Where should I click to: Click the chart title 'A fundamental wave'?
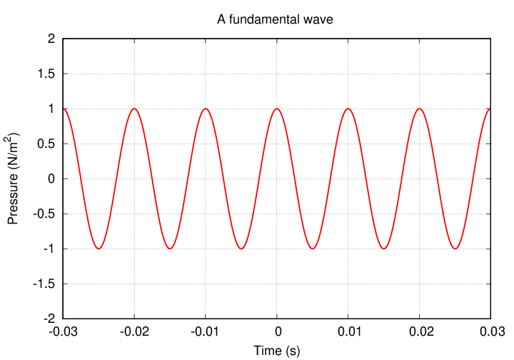tap(275, 20)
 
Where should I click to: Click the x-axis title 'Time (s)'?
tap(277, 351)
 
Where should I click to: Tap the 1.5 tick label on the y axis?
tap(47, 74)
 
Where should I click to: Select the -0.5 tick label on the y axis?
tap(45, 214)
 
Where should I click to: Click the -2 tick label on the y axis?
tap(49, 319)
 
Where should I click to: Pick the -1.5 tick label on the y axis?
tap(45, 284)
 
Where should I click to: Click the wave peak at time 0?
tap(277, 109)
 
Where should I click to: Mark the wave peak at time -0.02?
tap(134, 109)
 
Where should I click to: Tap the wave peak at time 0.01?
tap(348, 109)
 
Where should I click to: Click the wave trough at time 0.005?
tap(313, 249)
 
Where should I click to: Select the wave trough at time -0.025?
tap(99, 249)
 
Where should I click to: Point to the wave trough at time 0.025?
tap(455, 249)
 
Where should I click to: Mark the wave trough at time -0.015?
tap(170, 249)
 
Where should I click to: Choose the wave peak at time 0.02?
tap(420, 109)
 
